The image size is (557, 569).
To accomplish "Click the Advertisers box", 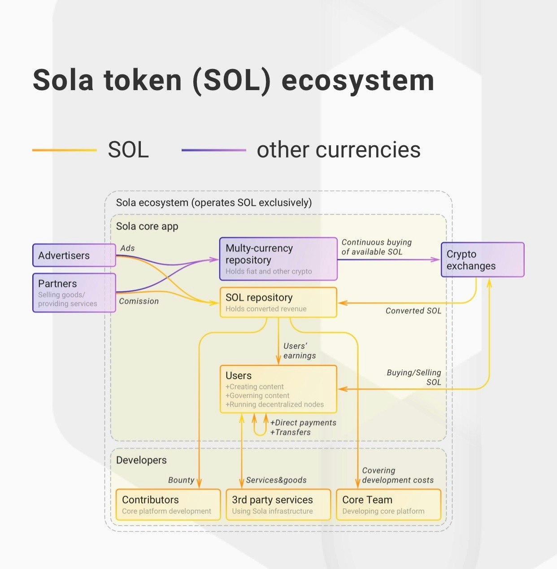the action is tap(74, 255).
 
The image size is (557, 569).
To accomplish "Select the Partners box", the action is tap(74, 293).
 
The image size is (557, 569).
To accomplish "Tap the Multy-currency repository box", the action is tap(278, 259).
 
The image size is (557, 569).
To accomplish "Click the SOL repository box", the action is tap(278, 303).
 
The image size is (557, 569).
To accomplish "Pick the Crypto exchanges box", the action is tap(482, 260).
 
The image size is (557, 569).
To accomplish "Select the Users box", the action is tap(278, 389).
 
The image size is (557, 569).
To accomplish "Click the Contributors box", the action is tap(168, 505).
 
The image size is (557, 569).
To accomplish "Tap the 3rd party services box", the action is tap(278, 505).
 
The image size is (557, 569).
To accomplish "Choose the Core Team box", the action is tap(388, 505).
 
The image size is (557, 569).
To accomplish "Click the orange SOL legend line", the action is tap(65, 150).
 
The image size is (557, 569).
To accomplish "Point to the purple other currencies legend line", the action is tap(213, 150).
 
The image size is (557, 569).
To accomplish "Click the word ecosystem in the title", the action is tap(357, 81).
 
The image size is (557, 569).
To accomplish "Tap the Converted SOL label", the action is tap(413, 311).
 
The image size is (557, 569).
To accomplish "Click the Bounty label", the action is tap(181, 480).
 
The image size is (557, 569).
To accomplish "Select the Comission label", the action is tap(139, 301).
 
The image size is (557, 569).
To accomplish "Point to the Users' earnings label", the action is tap(299, 351).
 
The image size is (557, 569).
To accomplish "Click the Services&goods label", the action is tap(276, 480).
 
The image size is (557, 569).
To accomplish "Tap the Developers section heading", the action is tap(141, 460).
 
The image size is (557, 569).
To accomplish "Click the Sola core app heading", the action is tap(147, 226).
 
